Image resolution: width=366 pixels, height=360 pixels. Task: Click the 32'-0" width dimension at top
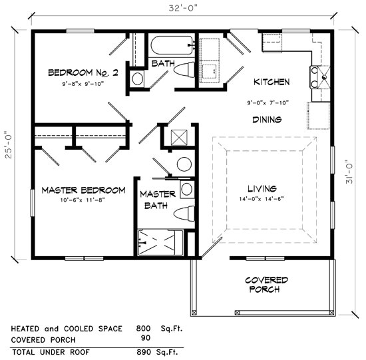pos(183,8)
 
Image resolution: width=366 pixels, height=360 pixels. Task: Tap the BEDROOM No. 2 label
pos(83,73)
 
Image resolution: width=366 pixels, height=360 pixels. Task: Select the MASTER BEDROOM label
pos(83,190)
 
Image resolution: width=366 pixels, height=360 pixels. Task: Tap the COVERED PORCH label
pos(266,284)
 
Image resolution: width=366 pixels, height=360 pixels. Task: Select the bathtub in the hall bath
pos(172,47)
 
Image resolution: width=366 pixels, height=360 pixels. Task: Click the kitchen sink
pos(321,77)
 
